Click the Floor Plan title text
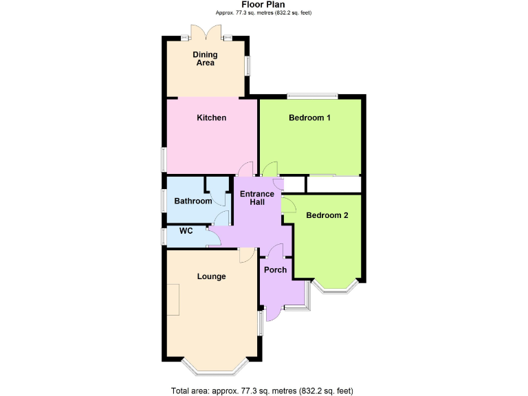tap(263, 5)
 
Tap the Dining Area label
tap(204, 58)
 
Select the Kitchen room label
tap(211, 118)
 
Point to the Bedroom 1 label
tap(309, 118)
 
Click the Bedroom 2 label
tap(327, 215)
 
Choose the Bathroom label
tap(192, 201)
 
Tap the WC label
tap(186, 231)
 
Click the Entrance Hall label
tap(256, 199)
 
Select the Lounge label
tap(211, 276)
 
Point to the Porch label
tap(275, 269)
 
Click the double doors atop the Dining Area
tap(206, 32)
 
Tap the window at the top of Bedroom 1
tap(311, 95)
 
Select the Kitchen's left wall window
tap(163, 159)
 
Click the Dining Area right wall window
tap(249, 64)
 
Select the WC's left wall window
tap(163, 236)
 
